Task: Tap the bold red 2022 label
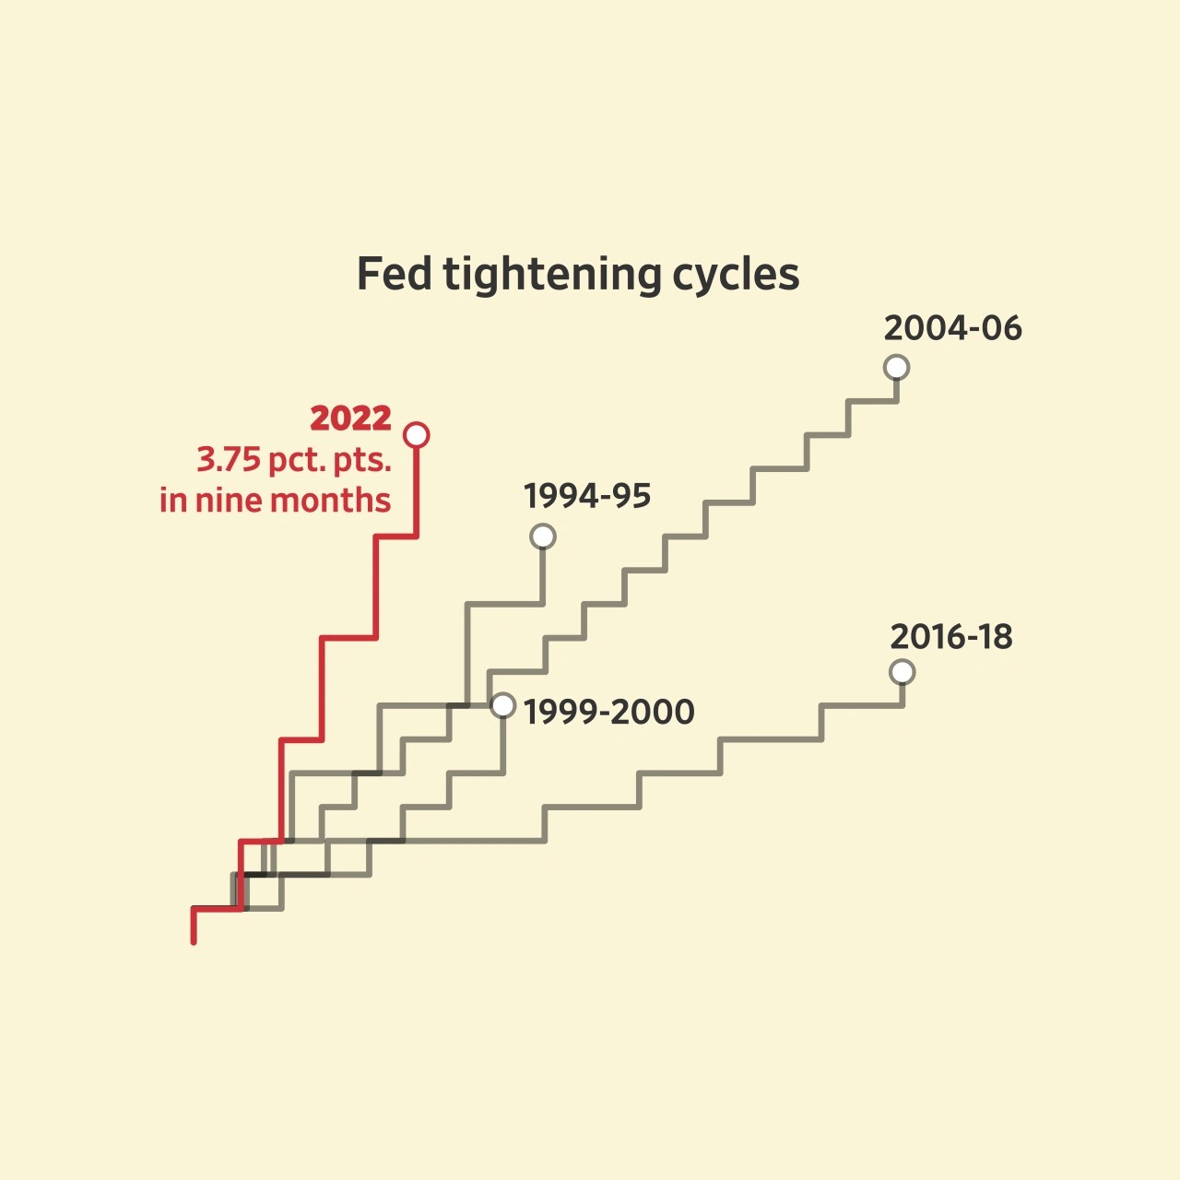tap(350, 419)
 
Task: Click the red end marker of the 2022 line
tap(417, 434)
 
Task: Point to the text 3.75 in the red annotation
tap(228, 459)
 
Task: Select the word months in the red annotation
tap(330, 501)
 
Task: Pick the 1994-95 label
tap(587, 496)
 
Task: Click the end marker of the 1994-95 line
tap(543, 537)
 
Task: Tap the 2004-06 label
tap(952, 328)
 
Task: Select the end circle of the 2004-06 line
tap(896, 367)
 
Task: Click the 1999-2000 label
tap(608, 712)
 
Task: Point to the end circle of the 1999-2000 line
tap(502, 705)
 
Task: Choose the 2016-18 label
tap(950, 637)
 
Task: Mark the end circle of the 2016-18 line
tap(903, 672)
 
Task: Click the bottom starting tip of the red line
tap(194, 940)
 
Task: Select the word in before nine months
tap(172, 501)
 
